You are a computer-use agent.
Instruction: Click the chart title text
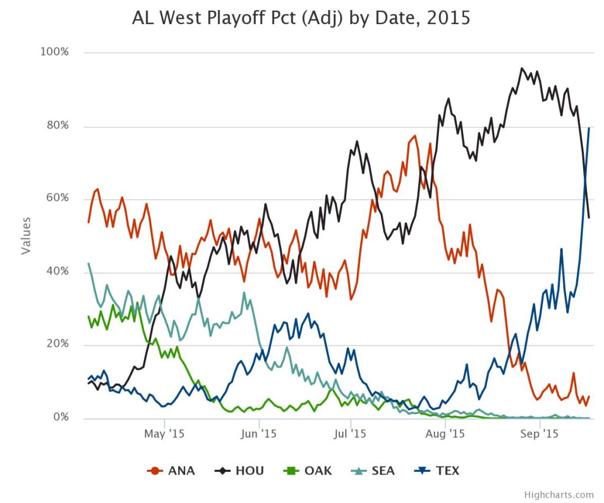pyautogui.click(x=301, y=18)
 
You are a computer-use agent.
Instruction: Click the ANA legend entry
pyautogui.click(x=171, y=471)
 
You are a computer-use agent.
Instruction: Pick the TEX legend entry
pyautogui.click(x=437, y=471)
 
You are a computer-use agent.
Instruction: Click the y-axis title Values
pyautogui.click(x=26, y=235)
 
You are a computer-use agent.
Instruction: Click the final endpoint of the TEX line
pyautogui.click(x=589, y=128)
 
